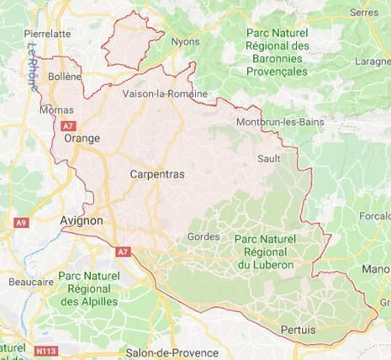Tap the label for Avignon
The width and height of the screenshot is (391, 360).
point(82,220)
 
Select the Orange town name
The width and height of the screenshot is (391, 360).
point(82,139)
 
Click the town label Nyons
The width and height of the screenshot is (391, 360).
point(185,40)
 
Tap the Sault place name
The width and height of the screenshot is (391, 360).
point(268,158)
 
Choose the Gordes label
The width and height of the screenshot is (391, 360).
point(203,237)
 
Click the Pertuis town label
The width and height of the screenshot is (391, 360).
point(299,331)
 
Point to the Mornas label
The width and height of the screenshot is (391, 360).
point(55,109)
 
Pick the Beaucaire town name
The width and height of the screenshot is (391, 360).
point(26,283)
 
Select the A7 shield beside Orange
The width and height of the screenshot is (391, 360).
point(68,124)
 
